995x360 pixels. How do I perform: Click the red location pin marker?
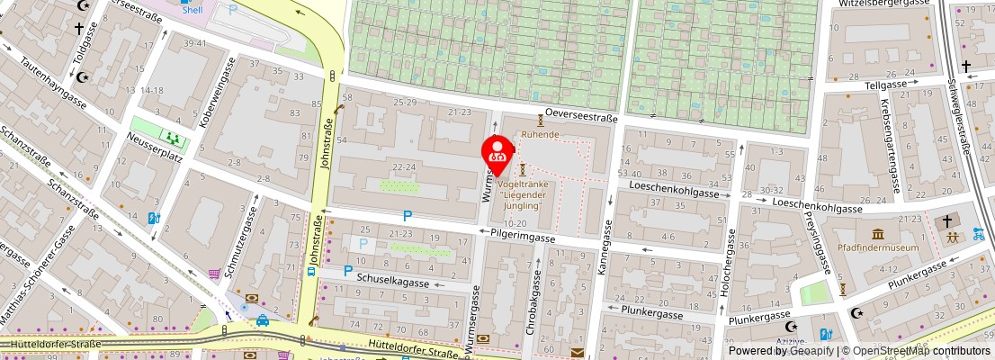(x=497, y=152)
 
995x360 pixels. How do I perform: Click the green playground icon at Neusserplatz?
(x=170, y=138)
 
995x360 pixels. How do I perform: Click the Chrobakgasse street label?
(x=531, y=302)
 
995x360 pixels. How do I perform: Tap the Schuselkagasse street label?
(x=392, y=283)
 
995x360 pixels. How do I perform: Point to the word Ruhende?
(x=541, y=134)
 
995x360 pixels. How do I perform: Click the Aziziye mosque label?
(x=791, y=346)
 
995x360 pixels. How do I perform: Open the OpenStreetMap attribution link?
(x=917, y=351)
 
